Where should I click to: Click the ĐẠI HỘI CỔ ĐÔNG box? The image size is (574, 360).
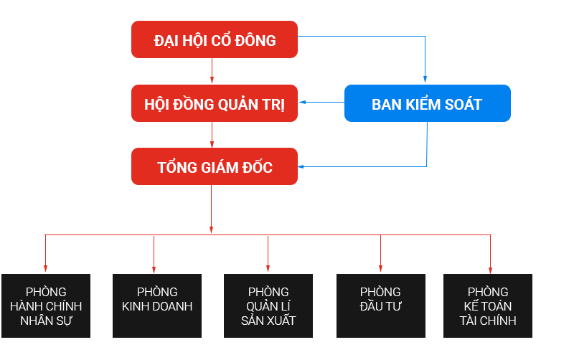(214, 40)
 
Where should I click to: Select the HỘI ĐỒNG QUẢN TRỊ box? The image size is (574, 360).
(214, 104)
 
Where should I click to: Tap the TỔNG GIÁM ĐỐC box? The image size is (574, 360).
(214, 167)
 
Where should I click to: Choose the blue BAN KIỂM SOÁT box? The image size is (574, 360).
(427, 104)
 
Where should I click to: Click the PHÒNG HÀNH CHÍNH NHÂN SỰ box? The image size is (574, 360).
(46, 306)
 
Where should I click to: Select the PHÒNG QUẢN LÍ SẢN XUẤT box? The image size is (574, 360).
(268, 306)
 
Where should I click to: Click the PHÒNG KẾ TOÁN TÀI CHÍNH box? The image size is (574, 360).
(488, 306)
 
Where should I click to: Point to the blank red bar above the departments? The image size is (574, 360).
(267, 254)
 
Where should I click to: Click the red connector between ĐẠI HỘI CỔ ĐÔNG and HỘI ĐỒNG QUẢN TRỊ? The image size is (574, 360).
(212, 72)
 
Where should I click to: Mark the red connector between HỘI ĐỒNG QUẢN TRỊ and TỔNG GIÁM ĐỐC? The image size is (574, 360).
(212, 136)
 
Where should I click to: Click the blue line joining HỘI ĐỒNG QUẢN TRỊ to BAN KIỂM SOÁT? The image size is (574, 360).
(321, 103)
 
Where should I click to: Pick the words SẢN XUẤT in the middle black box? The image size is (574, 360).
(268, 321)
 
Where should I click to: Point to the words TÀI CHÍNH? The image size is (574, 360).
(488, 321)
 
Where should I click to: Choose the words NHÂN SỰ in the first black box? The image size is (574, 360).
(46, 321)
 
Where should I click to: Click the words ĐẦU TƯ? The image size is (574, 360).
(380, 307)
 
